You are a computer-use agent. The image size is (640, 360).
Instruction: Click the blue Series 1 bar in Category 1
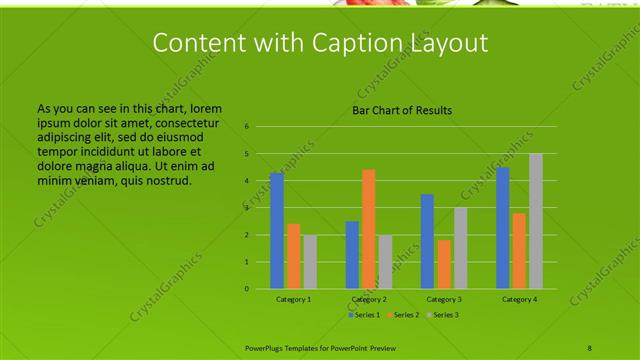[x=277, y=231]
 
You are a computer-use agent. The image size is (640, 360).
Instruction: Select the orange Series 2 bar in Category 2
[x=369, y=229]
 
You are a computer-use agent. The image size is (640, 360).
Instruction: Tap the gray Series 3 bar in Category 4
[x=536, y=221]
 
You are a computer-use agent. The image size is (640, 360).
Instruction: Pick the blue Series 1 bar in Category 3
[x=427, y=241]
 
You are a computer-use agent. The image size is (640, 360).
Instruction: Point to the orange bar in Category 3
[x=444, y=264]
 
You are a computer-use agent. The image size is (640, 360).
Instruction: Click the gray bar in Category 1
[x=310, y=262]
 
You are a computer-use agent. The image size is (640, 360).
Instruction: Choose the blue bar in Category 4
[x=503, y=228]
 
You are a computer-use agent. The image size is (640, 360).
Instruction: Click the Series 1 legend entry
[x=365, y=315]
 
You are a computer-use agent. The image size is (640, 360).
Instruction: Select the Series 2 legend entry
[x=403, y=315]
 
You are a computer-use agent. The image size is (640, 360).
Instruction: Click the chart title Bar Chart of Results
[x=402, y=110]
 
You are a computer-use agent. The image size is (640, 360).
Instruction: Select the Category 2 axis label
[x=369, y=299]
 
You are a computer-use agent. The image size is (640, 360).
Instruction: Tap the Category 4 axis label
[x=519, y=299]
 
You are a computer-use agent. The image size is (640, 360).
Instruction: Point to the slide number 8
[x=590, y=347]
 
